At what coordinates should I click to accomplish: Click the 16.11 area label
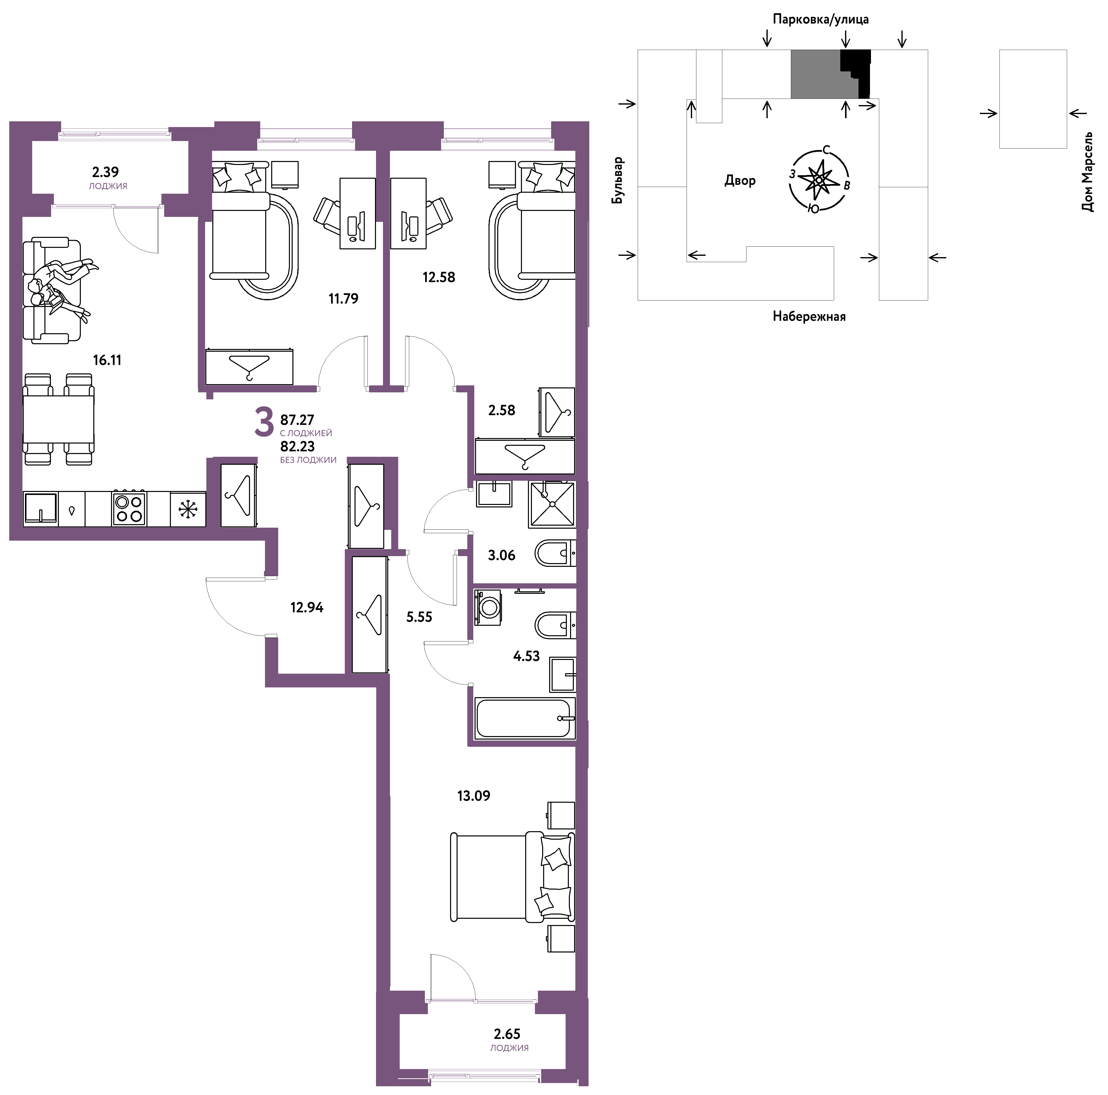coord(107,360)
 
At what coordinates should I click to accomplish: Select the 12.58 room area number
coord(439,277)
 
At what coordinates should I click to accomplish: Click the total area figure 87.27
coord(297,420)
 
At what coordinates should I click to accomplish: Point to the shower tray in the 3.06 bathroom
coord(551,504)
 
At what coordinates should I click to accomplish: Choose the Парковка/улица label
coord(821,19)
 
